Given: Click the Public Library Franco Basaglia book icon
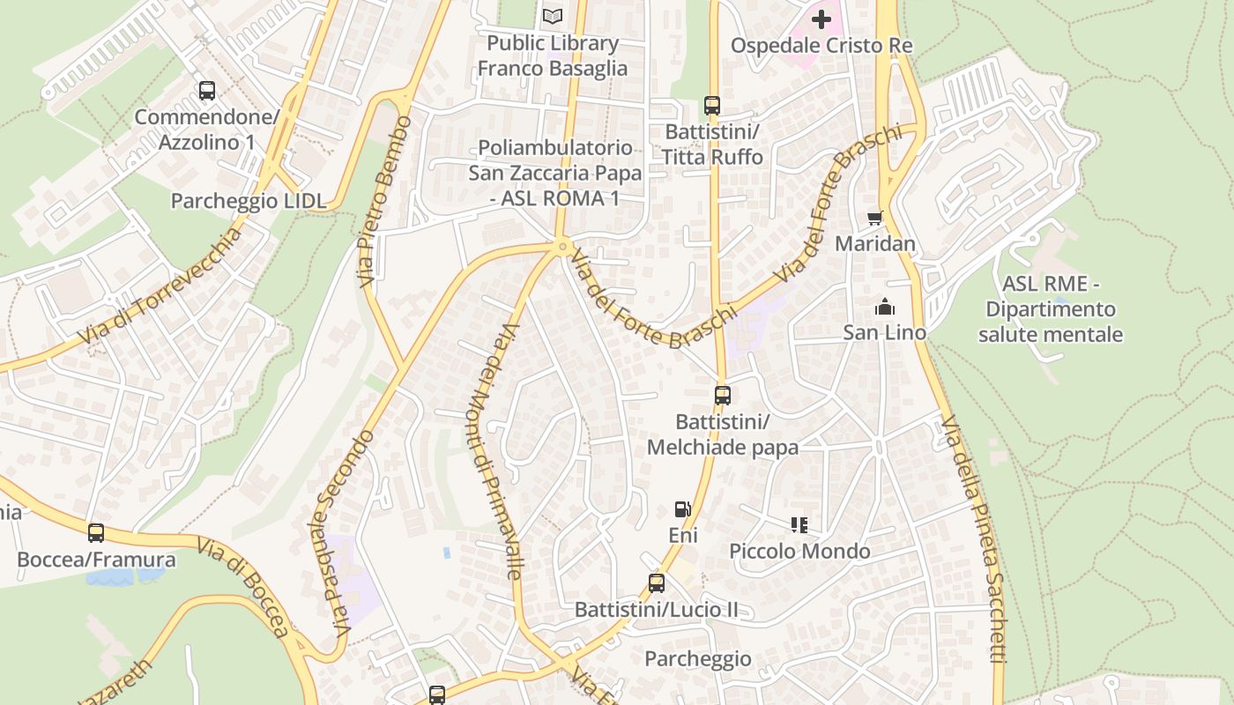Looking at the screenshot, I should [x=553, y=16].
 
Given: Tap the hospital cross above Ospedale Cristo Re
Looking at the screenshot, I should [x=821, y=19].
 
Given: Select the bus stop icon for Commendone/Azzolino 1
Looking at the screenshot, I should [x=207, y=90].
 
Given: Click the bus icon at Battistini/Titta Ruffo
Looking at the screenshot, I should [x=712, y=106].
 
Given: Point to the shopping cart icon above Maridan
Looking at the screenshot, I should [x=874, y=218].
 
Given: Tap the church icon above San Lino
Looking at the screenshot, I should [x=884, y=307].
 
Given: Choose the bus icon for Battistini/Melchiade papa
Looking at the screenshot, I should [x=723, y=396].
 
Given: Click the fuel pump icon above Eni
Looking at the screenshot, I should [x=682, y=509].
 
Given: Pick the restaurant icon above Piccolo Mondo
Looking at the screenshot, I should [x=799, y=525].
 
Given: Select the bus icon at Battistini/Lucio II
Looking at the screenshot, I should [x=656, y=583].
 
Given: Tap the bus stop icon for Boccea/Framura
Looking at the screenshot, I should [x=96, y=533].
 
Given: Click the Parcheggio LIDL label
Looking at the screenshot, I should [x=249, y=201].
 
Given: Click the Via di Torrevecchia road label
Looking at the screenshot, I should [x=160, y=286].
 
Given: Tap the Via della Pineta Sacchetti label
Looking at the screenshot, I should [x=973, y=538].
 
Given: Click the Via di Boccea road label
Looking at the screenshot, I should [x=242, y=587].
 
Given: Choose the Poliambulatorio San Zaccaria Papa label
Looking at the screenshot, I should [x=555, y=173].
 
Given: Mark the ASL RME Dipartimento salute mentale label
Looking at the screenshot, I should [x=1050, y=309].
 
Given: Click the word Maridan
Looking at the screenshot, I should [x=875, y=243].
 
